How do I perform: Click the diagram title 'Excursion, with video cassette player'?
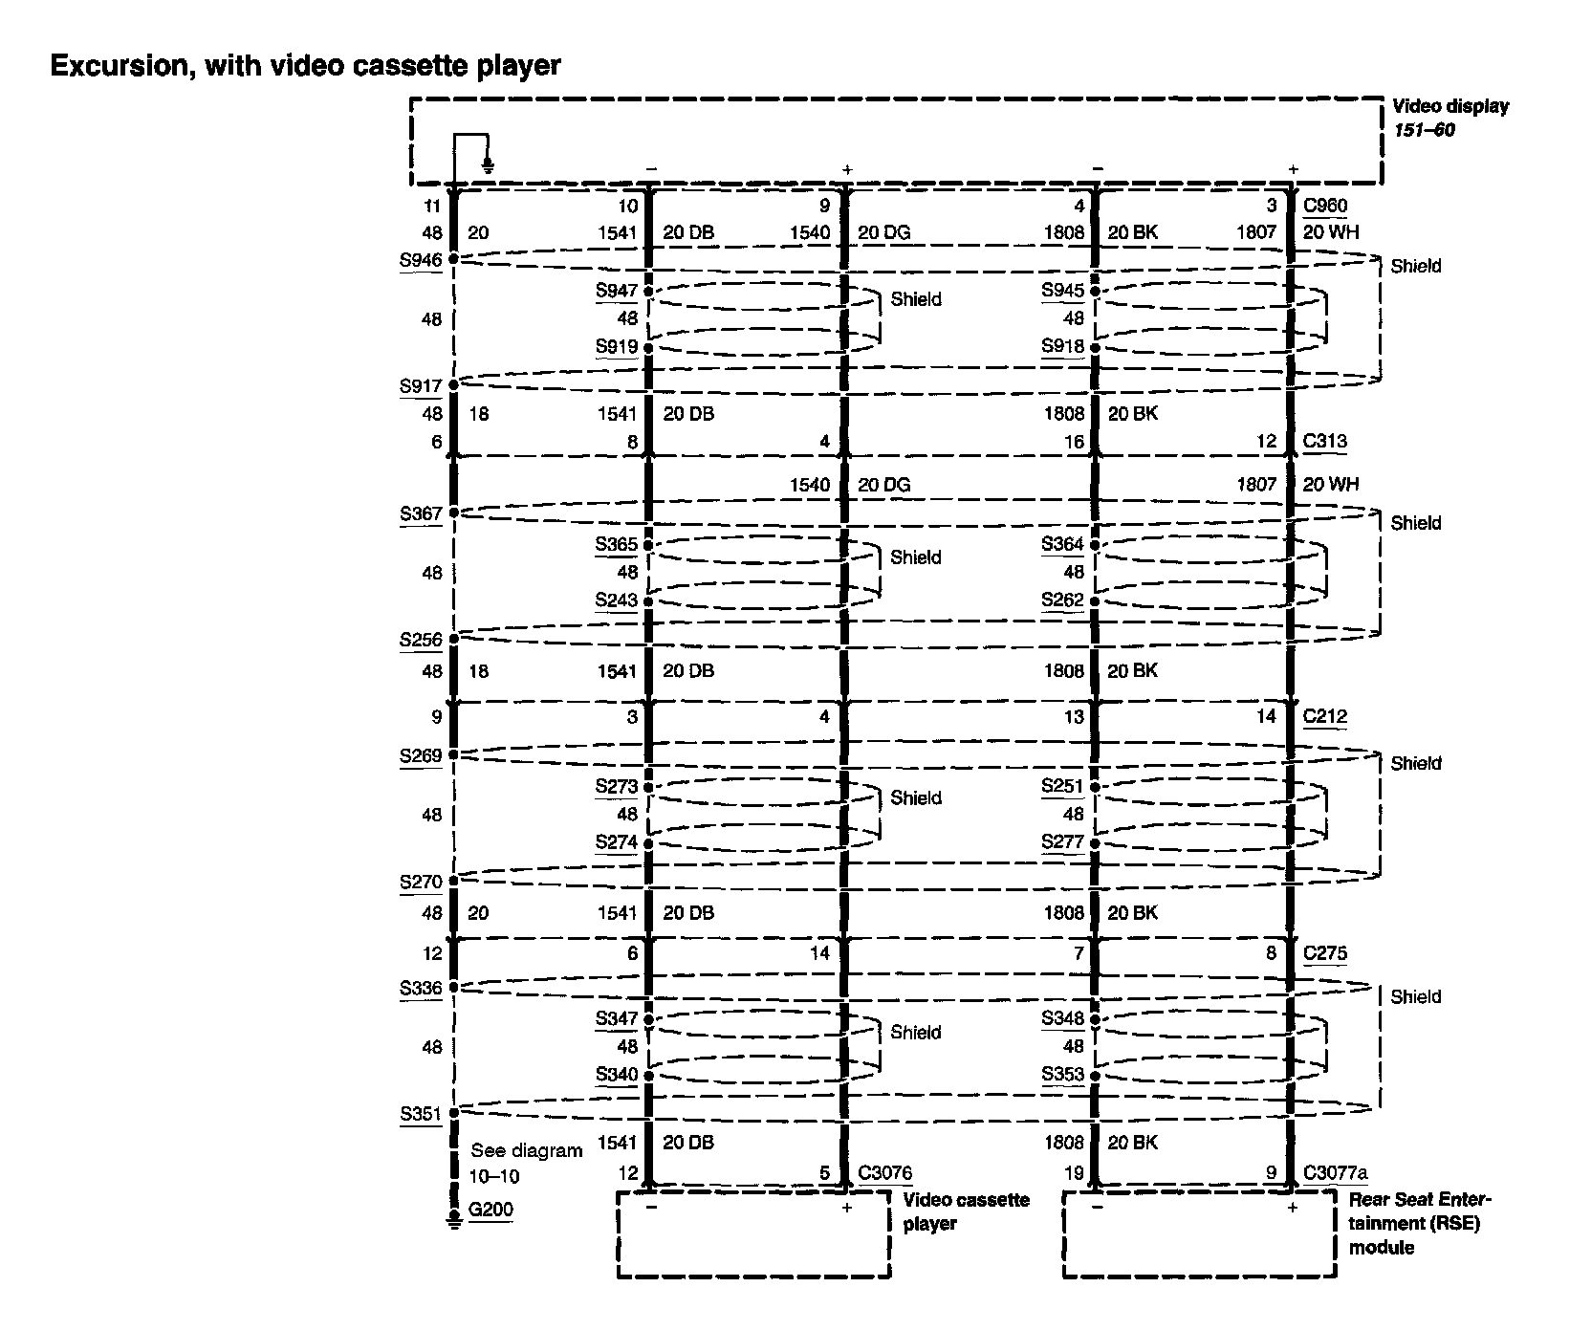305,66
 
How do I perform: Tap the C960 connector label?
1324,206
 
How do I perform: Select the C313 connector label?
1324,441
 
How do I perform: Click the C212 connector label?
1324,716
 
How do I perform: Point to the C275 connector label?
1324,953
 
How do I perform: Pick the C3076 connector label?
884,1172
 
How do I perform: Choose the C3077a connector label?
1335,1172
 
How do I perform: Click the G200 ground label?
490,1210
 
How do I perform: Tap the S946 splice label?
421,258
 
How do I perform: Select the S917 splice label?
421,386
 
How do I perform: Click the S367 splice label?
421,513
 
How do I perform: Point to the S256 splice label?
421,640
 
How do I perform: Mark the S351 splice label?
421,1113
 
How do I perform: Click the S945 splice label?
1063,290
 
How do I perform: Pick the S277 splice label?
1063,842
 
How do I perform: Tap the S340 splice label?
616,1074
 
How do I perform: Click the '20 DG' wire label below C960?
883,232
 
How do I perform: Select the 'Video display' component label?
1449,107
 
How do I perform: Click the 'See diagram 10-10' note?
526,1163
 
